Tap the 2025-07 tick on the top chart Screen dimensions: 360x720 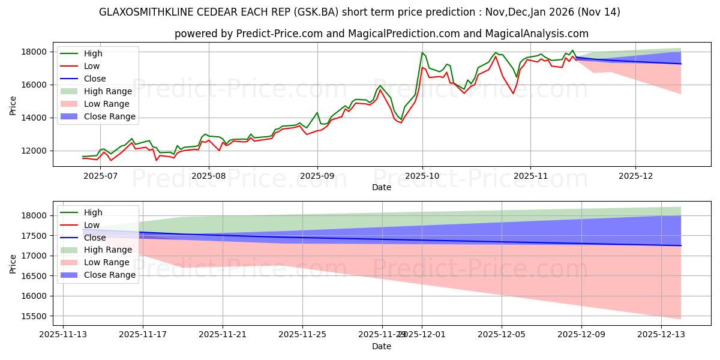coord(100,176)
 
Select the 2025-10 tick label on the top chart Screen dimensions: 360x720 coord(422,176)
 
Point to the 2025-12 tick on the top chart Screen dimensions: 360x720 coord(636,176)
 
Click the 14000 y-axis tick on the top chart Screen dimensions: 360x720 coord(38,118)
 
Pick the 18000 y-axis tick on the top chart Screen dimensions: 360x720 coord(38,52)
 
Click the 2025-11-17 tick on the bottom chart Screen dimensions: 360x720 coord(143,334)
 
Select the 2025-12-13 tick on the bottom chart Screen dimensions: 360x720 coord(661,334)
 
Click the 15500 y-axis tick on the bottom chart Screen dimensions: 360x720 coord(38,316)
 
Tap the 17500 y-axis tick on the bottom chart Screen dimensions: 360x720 coord(38,236)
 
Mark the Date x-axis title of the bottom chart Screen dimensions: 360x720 coord(381,346)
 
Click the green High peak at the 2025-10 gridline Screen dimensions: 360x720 coord(422,53)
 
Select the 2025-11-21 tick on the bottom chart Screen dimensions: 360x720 coord(223,334)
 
